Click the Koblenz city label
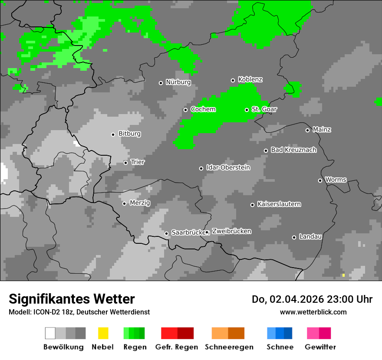pos(250,80)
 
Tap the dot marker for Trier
pos(125,163)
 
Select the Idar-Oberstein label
pos(228,168)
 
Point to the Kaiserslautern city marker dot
pos(252,205)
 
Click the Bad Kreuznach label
pos(293,150)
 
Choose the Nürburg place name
pos(178,82)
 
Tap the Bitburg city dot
pos(113,134)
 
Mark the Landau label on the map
pos(310,237)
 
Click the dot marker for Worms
pos(320,180)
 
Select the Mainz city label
pos(322,130)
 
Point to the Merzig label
pos(140,203)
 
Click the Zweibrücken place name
pos(231,232)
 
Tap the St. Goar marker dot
pos(247,110)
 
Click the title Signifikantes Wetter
pos(72,299)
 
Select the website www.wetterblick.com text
pos(313,312)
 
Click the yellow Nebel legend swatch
pos(103,333)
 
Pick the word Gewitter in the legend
pos(320,347)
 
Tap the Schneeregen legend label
pos(229,347)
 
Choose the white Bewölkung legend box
pos(50,333)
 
